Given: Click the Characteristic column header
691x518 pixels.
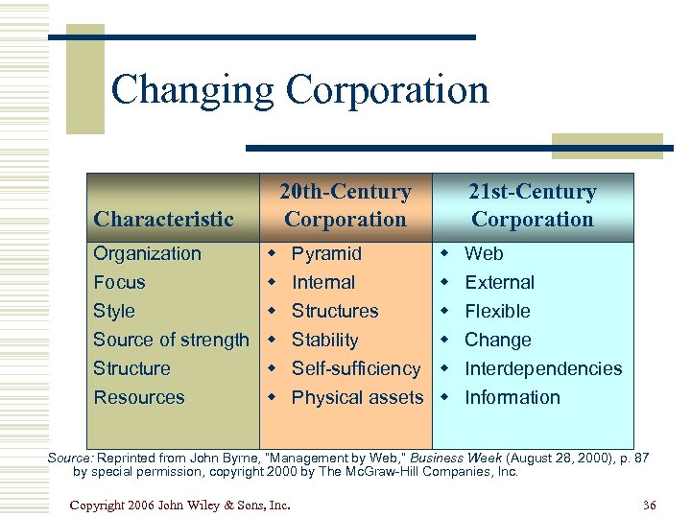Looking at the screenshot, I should [x=163, y=220].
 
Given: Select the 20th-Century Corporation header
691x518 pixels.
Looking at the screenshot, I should [x=345, y=205].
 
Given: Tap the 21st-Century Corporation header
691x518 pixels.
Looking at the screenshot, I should [x=532, y=205].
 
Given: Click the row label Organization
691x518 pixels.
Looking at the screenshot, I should [x=147, y=254].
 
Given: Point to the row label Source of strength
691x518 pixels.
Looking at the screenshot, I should [x=171, y=340].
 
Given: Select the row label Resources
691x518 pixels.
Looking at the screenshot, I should [x=138, y=397].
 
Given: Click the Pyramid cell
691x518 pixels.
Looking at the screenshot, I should [x=326, y=254].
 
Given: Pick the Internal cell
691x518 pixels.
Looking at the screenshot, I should [x=323, y=283].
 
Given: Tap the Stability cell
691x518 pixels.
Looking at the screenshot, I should [x=324, y=340].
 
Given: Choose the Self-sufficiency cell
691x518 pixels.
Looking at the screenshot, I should [x=356, y=368].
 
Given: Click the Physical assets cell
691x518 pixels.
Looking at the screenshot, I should [x=357, y=397].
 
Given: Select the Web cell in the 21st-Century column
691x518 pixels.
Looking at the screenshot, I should [x=484, y=254].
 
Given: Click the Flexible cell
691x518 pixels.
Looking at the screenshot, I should [x=497, y=312].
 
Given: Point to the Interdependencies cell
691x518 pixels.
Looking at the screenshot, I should [x=543, y=368].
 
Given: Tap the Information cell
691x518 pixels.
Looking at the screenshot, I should [x=512, y=397].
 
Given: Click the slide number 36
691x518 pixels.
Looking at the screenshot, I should [x=649, y=505].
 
